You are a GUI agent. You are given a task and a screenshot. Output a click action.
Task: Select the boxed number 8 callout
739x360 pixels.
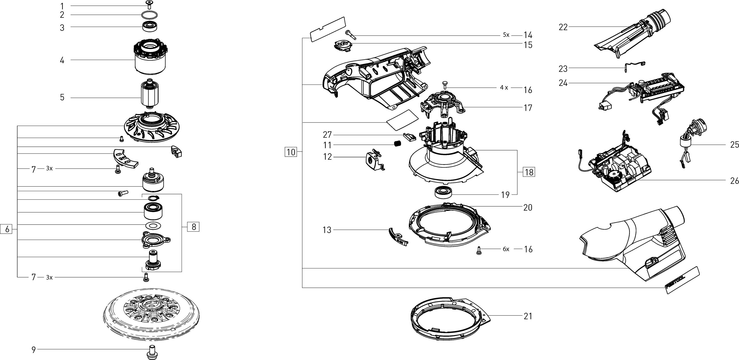[x=194, y=227]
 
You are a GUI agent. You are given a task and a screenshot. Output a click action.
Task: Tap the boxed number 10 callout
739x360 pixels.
[x=291, y=152]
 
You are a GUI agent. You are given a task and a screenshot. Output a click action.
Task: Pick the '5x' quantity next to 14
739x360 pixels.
[x=506, y=35]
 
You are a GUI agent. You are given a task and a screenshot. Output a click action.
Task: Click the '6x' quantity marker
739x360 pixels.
[x=506, y=249]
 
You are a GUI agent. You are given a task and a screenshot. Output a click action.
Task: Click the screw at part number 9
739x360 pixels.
[x=151, y=352]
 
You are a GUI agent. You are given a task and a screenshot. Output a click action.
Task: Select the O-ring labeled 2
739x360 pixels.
[x=150, y=15]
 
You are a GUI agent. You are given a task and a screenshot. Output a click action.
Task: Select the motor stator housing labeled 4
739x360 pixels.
[x=150, y=60]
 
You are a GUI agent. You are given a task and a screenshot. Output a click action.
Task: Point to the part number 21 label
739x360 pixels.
[x=528, y=316]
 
